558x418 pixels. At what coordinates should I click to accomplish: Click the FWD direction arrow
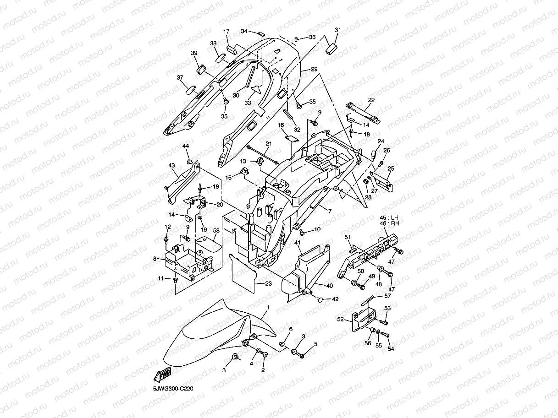tap(163, 375)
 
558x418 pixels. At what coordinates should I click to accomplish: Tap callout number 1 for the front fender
tap(268, 306)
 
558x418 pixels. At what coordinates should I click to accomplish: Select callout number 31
tap(338, 30)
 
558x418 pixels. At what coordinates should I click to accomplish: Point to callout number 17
tap(227, 32)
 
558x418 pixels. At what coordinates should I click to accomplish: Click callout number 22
tap(371, 100)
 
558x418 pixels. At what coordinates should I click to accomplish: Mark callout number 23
tap(268, 284)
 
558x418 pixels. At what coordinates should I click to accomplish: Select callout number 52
tap(342, 320)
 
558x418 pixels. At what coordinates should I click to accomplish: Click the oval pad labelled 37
tap(191, 89)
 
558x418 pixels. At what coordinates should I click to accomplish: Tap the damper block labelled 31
tap(331, 48)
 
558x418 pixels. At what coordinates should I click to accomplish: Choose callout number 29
tap(314, 69)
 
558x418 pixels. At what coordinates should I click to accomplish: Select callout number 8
tap(155, 259)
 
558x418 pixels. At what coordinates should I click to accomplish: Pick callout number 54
tap(391, 348)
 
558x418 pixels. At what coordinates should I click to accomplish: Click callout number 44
tap(186, 146)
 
